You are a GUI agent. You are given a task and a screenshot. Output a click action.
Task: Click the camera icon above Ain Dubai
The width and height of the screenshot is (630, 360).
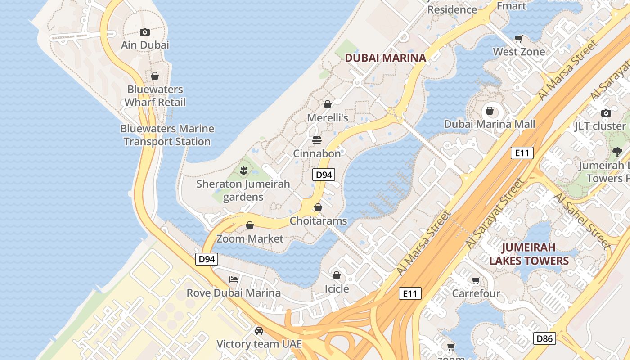pyautogui.click(x=144, y=32)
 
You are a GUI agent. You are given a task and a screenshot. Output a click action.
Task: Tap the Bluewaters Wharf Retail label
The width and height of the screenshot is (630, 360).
pyautogui.click(x=155, y=96)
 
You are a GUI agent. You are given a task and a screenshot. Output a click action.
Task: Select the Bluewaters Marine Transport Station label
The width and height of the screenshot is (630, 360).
pyautogui.click(x=167, y=135)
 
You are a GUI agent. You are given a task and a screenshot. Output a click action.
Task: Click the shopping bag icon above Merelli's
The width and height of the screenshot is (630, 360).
pyautogui.click(x=328, y=104)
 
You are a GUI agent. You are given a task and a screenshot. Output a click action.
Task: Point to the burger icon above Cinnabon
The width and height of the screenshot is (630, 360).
pyautogui.click(x=317, y=140)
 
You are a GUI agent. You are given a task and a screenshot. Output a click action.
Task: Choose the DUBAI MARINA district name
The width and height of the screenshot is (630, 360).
pyautogui.click(x=385, y=58)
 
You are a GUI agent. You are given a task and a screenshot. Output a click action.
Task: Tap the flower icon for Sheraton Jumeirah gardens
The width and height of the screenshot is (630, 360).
pyautogui.click(x=243, y=170)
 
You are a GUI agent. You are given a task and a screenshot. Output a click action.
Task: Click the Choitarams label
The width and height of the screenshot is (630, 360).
pyautogui.click(x=318, y=221)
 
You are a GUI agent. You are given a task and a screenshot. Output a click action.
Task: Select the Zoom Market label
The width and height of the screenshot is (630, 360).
pyautogui.click(x=250, y=238)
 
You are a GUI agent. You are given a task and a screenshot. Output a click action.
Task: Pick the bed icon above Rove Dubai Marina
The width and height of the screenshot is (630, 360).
pyautogui.click(x=234, y=279)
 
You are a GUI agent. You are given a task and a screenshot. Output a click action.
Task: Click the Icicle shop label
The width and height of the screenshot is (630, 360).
pyautogui.click(x=337, y=288)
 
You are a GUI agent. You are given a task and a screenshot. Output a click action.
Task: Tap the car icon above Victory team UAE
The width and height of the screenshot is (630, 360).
pyautogui.click(x=259, y=331)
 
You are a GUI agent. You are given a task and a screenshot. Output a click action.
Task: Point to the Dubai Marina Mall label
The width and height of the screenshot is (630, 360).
pyautogui.click(x=490, y=124)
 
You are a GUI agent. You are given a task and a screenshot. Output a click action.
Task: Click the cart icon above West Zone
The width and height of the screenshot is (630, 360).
pyautogui.click(x=518, y=39)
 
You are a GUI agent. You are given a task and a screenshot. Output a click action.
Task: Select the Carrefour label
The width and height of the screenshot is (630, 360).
pyautogui.click(x=476, y=293)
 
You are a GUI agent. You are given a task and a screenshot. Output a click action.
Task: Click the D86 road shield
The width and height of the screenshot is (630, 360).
pyautogui.click(x=544, y=338)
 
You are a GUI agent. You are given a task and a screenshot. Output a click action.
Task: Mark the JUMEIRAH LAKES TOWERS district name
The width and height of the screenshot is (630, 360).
pyautogui.click(x=529, y=254)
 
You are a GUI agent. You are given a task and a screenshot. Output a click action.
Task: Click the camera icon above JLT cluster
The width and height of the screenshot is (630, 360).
pyautogui.click(x=606, y=113)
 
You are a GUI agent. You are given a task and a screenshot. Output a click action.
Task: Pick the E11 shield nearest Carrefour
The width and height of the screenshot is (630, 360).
pyautogui.click(x=410, y=294)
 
